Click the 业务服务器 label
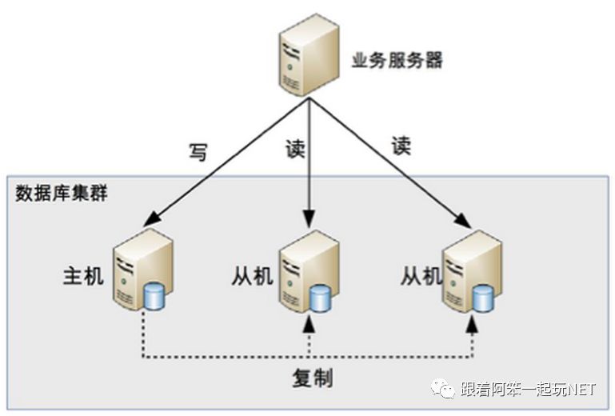[x=397, y=61]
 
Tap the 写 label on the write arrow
[x=198, y=151]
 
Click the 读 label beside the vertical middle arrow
[x=295, y=148]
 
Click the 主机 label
[x=83, y=276]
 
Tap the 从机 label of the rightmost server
[x=421, y=277]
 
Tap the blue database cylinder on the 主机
[x=155, y=295]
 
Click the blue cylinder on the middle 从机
[x=320, y=298]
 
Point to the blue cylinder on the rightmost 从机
[x=482, y=297]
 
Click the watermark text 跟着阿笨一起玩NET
[x=529, y=390]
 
